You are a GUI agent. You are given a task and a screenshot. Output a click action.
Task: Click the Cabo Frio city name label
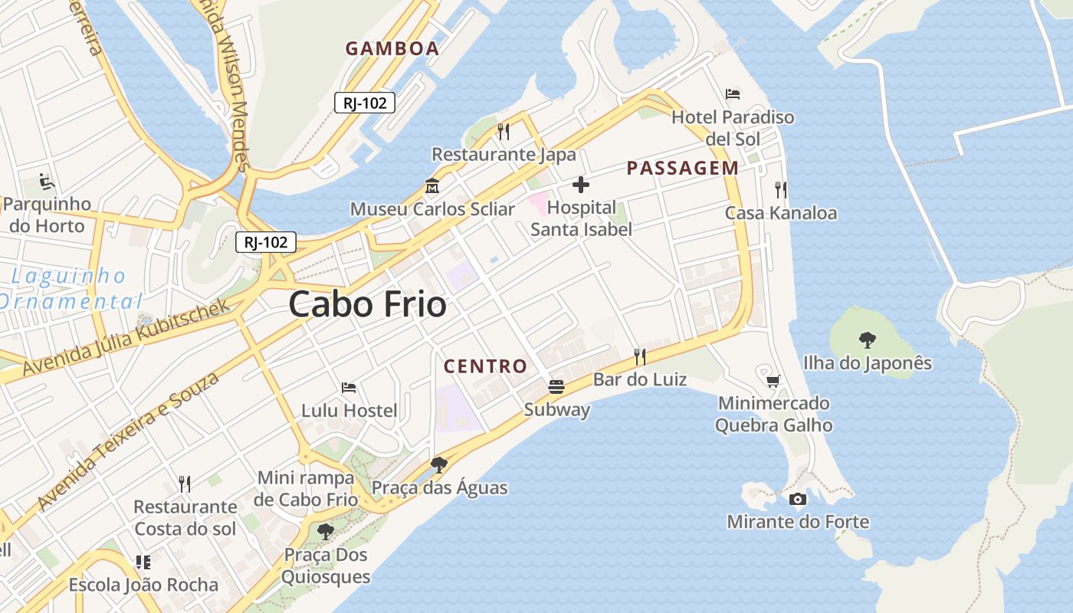368,305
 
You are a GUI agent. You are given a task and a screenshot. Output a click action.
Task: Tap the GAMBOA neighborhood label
392,48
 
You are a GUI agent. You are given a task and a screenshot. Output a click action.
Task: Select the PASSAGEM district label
683,168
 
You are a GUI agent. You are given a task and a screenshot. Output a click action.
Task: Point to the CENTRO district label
485,366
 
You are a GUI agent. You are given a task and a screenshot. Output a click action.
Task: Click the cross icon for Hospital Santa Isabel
581,185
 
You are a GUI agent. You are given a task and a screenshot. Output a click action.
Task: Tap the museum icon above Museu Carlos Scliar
432,186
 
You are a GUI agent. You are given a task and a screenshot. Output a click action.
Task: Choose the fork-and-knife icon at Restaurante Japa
504,132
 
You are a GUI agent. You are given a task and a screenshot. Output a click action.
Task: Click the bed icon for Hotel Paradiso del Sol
733,94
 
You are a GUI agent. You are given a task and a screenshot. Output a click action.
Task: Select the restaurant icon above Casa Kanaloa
781,190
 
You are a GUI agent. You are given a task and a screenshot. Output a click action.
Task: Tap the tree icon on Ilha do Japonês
868,339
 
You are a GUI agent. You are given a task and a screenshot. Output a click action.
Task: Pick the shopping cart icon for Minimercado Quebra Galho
773,380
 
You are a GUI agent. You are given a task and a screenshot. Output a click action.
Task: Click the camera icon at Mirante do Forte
798,500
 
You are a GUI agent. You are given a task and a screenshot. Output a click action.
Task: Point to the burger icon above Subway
556,387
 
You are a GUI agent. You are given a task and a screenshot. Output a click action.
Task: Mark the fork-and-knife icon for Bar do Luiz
640,356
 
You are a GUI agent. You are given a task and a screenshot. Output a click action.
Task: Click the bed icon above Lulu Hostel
349,388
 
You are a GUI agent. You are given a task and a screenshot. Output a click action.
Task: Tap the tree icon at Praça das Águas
439,464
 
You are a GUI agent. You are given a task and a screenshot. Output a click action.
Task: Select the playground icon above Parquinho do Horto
47,182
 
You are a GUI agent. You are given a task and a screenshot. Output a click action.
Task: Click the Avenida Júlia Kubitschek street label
126,337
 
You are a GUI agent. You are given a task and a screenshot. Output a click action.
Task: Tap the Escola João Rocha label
143,585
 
